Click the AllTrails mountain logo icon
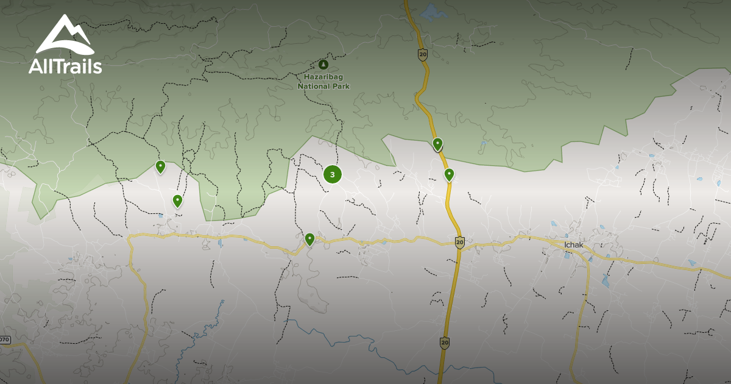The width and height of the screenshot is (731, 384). (x=65, y=36)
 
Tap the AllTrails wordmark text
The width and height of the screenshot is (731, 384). (x=65, y=66)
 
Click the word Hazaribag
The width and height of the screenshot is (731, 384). (x=323, y=77)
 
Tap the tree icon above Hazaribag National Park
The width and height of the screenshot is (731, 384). (x=323, y=64)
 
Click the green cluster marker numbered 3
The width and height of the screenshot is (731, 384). (x=332, y=174)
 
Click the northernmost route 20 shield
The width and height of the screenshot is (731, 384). (x=423, y=55)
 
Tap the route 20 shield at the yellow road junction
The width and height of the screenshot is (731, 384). (x=459, y=242)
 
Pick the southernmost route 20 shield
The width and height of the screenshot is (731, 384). (x=445, y=343)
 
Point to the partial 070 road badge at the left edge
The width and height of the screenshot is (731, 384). (x=5, y=340)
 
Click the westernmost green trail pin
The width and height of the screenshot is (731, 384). (x=160, y=166)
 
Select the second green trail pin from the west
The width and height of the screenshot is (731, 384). (x=177, y=200)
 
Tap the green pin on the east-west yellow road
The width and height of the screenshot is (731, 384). (x=309, y=238)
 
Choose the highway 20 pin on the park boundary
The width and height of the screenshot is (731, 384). (x=437, y=144)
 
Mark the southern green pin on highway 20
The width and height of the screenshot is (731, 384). (x=449, y=174)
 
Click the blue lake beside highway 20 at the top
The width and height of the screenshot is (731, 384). (x=432, y=12)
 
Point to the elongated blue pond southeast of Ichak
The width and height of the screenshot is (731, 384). (x=606, y=281)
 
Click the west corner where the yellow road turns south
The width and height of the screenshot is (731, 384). (x=130, y=238)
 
